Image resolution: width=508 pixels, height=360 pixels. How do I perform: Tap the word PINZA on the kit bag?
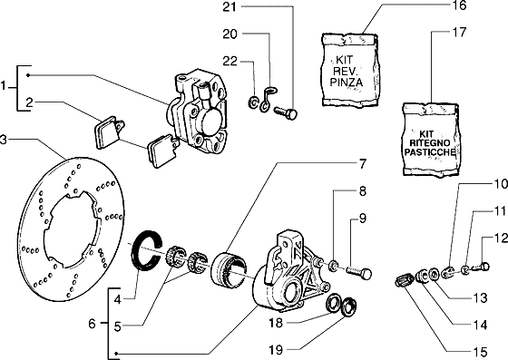(x=347, y=82)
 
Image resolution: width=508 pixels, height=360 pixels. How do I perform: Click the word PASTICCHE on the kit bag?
(x=430, y=151)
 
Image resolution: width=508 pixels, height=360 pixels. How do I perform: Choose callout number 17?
(x=458, y=32)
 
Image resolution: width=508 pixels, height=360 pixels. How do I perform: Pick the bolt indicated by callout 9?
(x=359, y=272)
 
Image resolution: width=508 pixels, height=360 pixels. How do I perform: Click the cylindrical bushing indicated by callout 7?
(x=229, y=269)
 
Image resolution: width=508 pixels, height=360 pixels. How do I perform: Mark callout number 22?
(x=230, y=61)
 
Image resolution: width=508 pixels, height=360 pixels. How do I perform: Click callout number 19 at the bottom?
(x=276, y=350)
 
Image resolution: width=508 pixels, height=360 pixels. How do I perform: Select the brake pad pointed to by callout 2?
(x=109, y=132)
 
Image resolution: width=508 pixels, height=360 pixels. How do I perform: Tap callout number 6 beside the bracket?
(x=93, y=323)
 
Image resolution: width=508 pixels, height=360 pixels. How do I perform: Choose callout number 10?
(x=500, y=184)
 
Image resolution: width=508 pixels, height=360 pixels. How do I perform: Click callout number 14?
(x=480, y=325)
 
